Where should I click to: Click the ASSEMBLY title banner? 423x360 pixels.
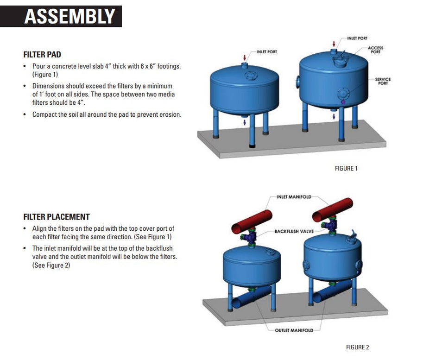[x=69, y=16]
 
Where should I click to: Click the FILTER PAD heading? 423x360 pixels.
[x=42, y=55]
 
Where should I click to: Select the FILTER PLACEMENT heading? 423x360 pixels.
[x=57, y=217]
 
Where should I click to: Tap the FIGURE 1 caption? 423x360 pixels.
[x=346, y=169]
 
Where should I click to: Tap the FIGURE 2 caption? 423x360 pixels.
[x=357, y=347]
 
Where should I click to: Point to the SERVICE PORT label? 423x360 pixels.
[x=383, y=81]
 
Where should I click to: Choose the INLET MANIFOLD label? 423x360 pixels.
[x=294, y=197]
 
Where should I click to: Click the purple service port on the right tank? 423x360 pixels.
[x=343, y=101]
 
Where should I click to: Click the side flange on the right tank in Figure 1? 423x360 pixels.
[x=296, y=82]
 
